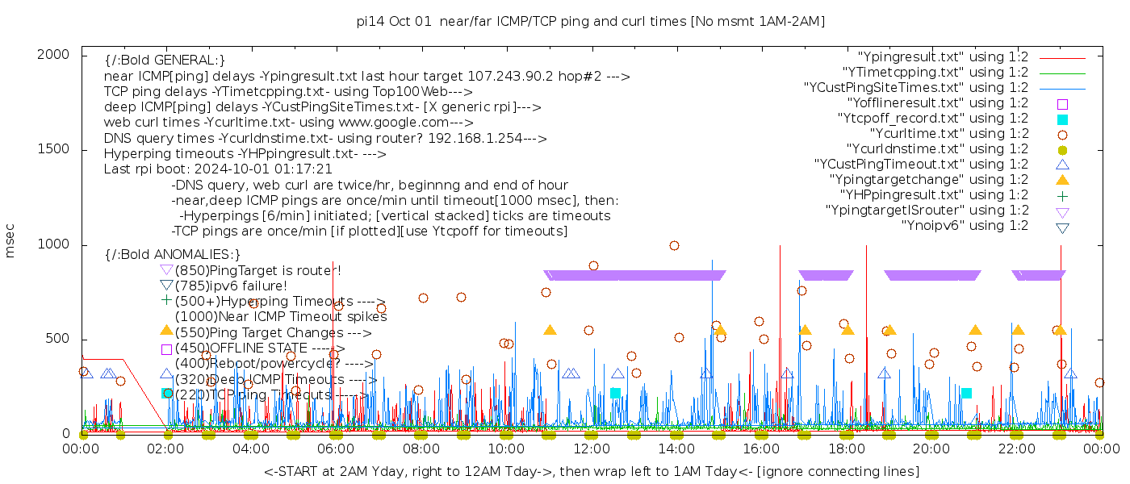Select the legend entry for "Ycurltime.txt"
[948, 134]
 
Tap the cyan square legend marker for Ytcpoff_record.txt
[1062, 119]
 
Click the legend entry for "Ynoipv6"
[965, 226]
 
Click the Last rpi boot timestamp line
[218, 169]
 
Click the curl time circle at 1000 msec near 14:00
[674, 245]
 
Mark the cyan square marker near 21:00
[966, 393]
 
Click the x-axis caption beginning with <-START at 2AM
[591, 471]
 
